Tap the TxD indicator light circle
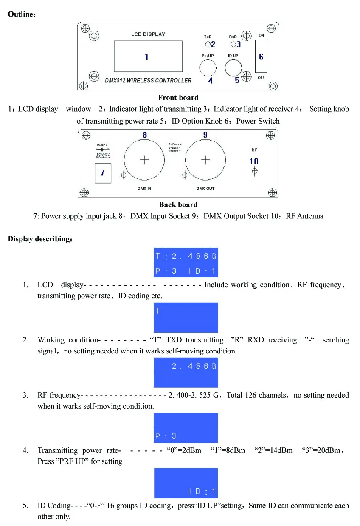(x=208, y=44)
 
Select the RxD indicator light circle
(x=233, y=44)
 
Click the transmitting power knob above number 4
(x=208, y=67)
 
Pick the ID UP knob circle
(x=233, y=67)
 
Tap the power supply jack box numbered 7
(x=103, y=173)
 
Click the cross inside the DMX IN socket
(x=145, y=160)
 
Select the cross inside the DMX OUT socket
(x=205, y=160)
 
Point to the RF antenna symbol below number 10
(x=254, y=171)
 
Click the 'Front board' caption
(x=178, y=98)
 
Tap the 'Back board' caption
(x=178, y=205)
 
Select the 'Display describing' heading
(x=40, y=239)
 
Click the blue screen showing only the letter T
(x=186, y=317)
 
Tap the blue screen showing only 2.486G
(x=186, y=373)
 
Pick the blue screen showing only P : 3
(x=186, y=428)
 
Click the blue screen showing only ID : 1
(x=186, y=483)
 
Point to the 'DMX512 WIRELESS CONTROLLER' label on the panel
(x=148, y=80)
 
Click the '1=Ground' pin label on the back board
(x=175, y=144)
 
